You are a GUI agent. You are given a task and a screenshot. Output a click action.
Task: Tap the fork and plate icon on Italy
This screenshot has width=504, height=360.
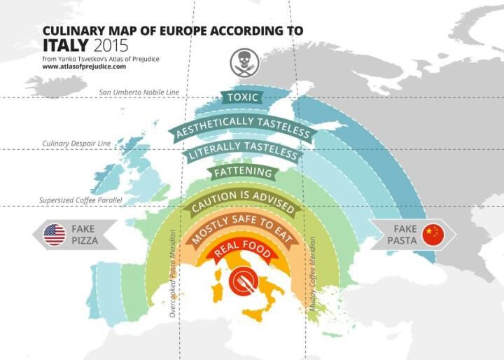coord(241,283)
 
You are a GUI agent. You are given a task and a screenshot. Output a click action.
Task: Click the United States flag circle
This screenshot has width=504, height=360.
coord(55,235)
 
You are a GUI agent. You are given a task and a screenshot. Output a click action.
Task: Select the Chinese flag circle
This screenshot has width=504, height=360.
coord(433,235)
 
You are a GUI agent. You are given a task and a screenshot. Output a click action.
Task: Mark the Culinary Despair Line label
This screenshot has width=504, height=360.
coord(76,144)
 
